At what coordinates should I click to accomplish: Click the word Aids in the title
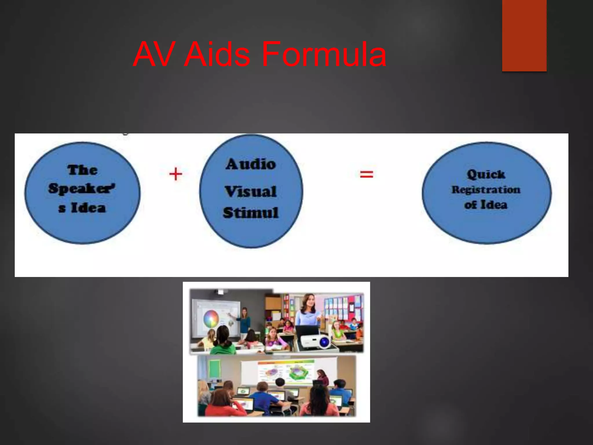tap(217, 54)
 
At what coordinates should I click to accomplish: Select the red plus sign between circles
tap(175, 174)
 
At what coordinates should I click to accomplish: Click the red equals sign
tap(366, 174)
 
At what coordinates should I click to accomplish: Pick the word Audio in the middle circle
tap(251, 164)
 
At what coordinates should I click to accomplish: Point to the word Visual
tap(251, 192)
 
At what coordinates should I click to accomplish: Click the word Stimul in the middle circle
tap(251, 213)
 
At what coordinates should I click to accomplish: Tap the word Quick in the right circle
tap(486, 174)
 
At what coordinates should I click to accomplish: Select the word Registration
tap(486, 190)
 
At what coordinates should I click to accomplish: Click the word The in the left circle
tap(83, 170)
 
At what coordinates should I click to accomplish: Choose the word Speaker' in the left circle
tap(82, 188)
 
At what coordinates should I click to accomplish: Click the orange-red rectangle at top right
tap(524, 35)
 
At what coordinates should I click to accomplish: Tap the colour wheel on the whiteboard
tap(211, 318)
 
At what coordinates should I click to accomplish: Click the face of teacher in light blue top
tap(309, 301)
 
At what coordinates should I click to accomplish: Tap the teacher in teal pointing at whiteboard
tap(245, 320)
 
